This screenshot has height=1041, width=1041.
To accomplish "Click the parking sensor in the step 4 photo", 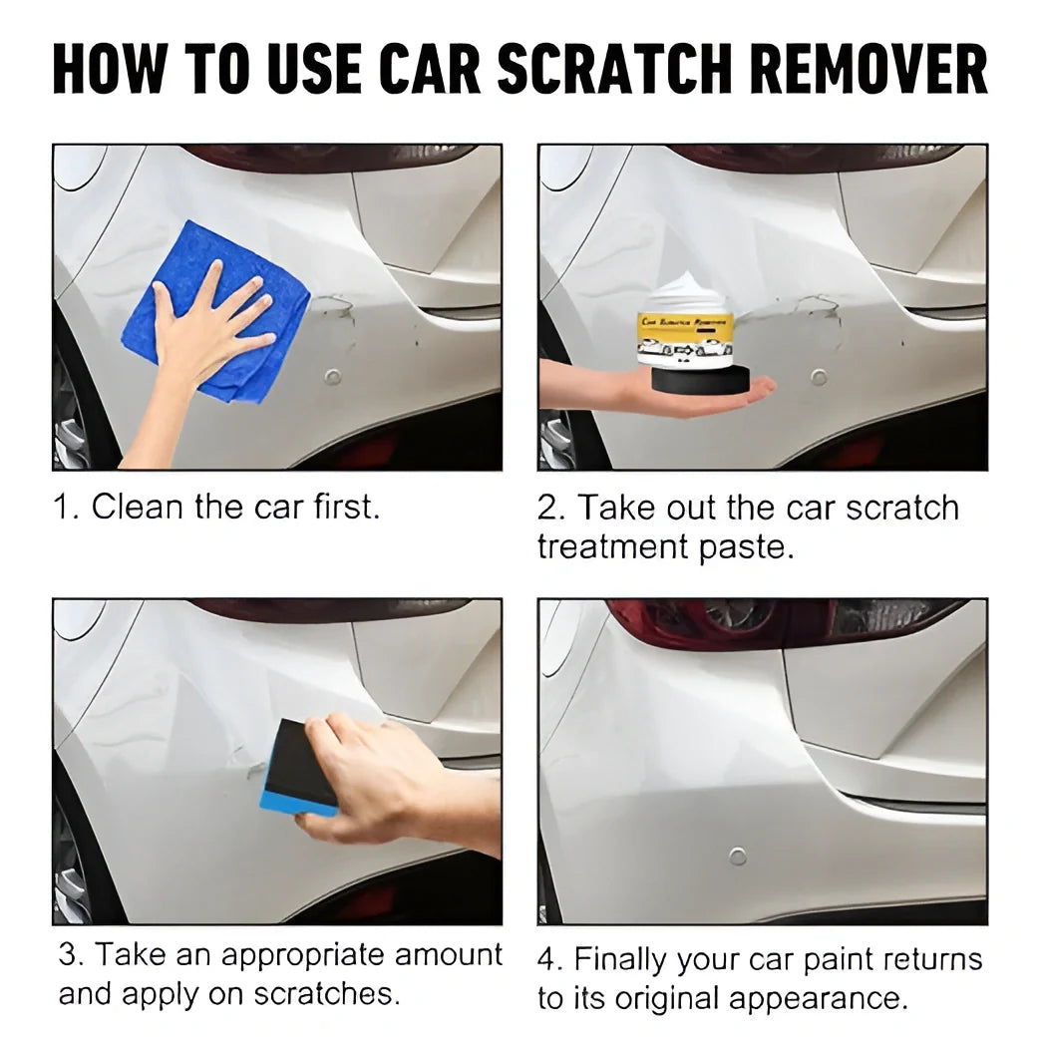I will point(737,856).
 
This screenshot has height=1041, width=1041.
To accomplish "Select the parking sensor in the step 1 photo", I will point(333,377).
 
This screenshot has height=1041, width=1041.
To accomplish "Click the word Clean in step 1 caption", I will point(138,507).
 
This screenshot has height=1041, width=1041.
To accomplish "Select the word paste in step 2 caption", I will point(758,547).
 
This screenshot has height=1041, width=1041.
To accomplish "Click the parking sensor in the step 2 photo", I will point(819,377).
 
